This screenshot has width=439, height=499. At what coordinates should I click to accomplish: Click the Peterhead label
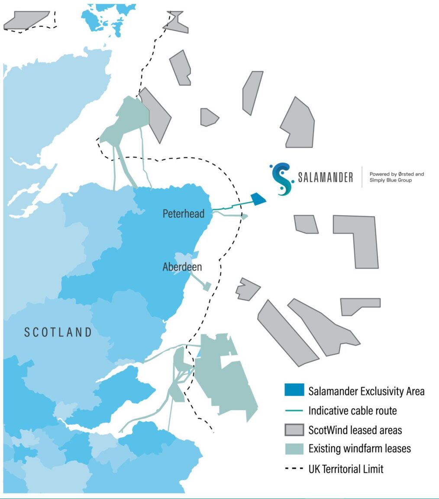click(x=183, y=214)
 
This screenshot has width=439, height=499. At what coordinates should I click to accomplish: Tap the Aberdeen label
click(x=182, y=267)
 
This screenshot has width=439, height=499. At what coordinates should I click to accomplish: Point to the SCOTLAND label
click(x=58, y=332)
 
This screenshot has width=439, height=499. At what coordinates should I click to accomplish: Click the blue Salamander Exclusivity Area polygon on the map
click(x=258, y=199)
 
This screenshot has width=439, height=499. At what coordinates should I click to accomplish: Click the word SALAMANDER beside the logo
click(x=325, y=178)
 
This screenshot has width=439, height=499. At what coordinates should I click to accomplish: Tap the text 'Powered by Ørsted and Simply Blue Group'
click(x=396, y=177)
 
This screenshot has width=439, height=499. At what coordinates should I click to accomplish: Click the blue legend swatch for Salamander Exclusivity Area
click(x=294, y=391)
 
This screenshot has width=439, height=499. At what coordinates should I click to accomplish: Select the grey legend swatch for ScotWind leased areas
click(x=294, y=430)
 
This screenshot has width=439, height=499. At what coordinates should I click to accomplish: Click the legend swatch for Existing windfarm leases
click(x=294, y=449)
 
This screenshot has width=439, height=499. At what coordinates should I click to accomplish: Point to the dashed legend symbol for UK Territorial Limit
click(x=294, y=469)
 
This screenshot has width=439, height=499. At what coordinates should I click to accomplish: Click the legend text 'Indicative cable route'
click(x=352, y=411)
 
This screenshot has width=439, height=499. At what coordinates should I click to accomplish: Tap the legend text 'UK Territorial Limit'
click(x=346, y=469)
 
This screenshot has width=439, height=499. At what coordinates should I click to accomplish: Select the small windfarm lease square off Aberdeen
click(x=207, y=286)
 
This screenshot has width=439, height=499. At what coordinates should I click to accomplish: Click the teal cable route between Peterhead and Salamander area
click(x=232, y=205)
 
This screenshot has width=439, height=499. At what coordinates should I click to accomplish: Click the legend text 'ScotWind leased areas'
click(x=355, y=430)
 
